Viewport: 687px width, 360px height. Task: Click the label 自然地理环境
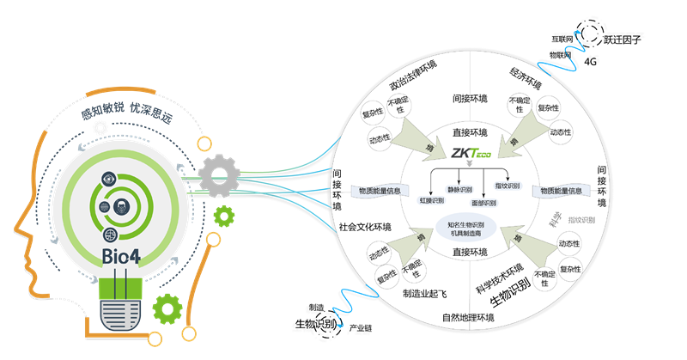(x=469, y=317)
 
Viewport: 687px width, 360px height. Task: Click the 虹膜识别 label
(x=431, y=200)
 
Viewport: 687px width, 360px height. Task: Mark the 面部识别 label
(x=483, y=203)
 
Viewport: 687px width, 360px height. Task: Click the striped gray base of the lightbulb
(x=123, y=306)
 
